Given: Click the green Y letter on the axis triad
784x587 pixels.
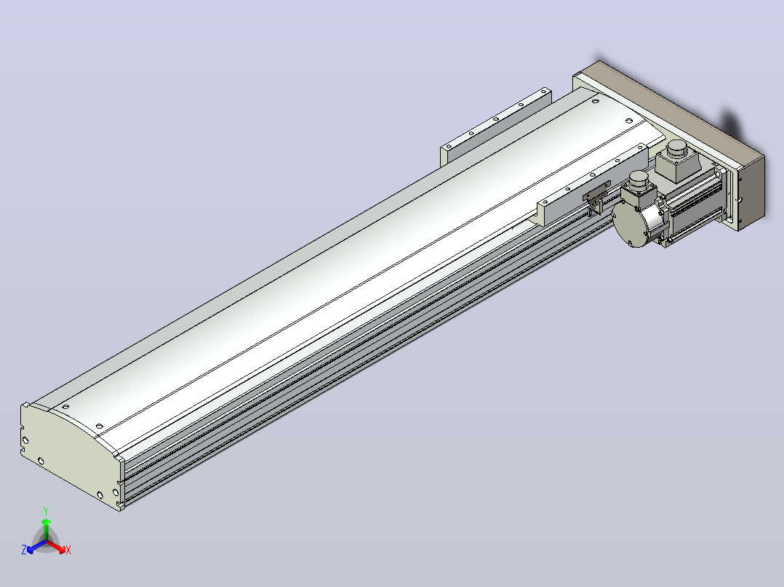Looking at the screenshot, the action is pos(46,511).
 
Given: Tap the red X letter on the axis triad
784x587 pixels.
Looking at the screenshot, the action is pos(68,550).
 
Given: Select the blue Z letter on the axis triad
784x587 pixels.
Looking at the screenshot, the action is pos(23,550).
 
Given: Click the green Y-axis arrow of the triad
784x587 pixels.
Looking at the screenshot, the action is pos(46,529).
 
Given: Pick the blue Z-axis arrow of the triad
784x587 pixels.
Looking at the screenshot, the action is pos(36,546).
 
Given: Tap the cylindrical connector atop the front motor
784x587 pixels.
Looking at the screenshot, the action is pos(639,179).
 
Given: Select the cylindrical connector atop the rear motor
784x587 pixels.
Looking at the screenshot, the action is pos(678,149).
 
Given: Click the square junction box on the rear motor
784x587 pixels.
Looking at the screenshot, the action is pos(678,165).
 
